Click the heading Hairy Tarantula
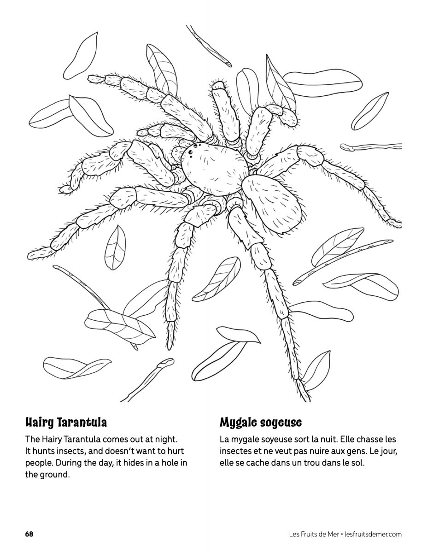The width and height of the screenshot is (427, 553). coord(66,423)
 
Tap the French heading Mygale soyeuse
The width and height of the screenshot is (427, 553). coord(261,423)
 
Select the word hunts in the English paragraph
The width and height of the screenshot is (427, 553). coord(43,451)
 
